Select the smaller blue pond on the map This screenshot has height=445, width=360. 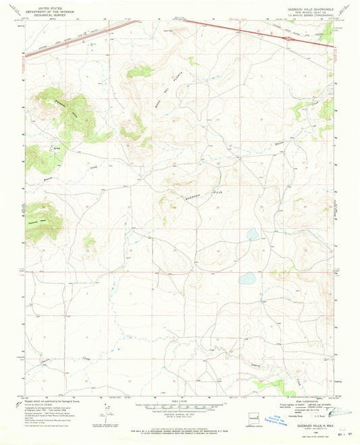click(253, 235)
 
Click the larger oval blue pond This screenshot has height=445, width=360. click(247, 278)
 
